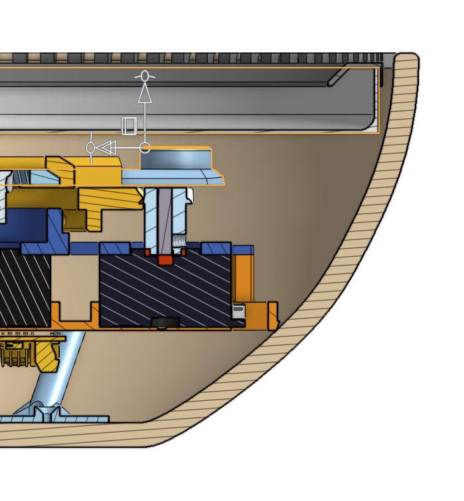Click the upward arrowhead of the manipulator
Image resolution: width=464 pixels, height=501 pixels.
pyautogui.click(x=145, y=94)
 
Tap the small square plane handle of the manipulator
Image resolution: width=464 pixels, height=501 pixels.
pyautogui.click(x=129, y=125)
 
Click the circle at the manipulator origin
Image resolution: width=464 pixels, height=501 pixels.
pyautogui.click(x=145, y=147)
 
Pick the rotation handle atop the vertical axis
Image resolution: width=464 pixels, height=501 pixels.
pyautogui.click(x=145, y=76)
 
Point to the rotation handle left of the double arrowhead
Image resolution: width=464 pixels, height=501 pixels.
pyautogui.click(x=91, y=147)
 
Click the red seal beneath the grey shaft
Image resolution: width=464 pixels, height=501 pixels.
pyautogui.click(x=165, y=259)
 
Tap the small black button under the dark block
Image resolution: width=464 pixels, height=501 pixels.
pyautogui.click(x=165, y=322)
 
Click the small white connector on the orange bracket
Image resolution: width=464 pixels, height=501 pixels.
pyautogui.click(x=239, y=311)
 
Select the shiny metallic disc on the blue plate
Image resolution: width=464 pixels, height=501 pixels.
pyautogui.click(x=175, y=159)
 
